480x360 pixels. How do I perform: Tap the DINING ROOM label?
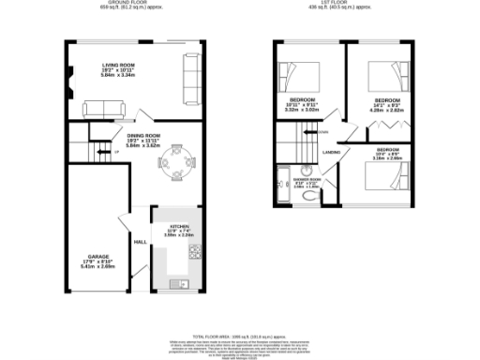pos(144,136)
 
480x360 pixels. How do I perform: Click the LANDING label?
pos(331,152)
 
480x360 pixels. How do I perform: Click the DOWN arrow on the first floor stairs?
pos(322,133)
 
